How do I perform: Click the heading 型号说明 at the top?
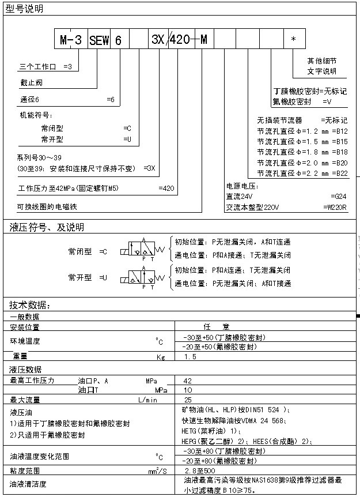pos(24,8)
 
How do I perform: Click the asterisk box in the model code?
pos(294,39)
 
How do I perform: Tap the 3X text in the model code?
pos(157,40)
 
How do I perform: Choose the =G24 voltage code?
pos(339,197)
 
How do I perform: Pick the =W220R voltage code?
pos(336,207)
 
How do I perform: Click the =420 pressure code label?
pos(166,188)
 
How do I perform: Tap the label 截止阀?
pos(31,82)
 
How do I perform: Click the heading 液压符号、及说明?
pos(47,227)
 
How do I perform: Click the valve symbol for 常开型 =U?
pos(141,278)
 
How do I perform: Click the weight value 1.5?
pos(190,357)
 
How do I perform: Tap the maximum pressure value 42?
pos(187,381)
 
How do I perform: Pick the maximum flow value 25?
pos(187,400)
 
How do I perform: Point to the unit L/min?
pos(147,400)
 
